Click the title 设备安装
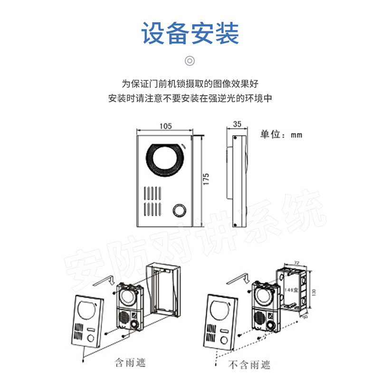coord(190,33)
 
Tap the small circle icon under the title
coord(190,61)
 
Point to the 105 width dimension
coord(165,126)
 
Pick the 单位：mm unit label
coord(281,134)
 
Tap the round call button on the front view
coord(179,210)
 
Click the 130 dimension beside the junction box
coord(313,291)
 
